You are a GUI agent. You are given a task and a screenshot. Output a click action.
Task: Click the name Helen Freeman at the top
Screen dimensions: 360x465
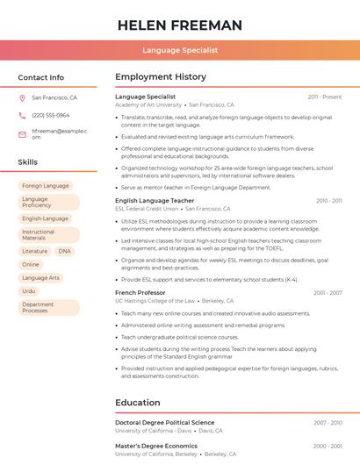tap(180, 25)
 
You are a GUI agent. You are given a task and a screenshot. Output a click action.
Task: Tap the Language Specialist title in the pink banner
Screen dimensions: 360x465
tap(180, 50)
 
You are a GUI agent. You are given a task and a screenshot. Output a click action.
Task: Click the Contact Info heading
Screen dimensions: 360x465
tap(40, 77)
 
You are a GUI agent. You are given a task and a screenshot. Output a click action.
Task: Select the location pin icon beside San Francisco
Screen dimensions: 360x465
tap(22, 97)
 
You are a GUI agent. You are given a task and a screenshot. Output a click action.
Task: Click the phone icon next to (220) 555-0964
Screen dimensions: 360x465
tap(22, 115)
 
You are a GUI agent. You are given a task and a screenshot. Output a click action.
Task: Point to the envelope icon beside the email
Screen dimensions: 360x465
tap(22, 134)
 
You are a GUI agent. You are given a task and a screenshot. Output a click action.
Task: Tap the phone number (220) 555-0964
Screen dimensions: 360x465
tap(51, 115)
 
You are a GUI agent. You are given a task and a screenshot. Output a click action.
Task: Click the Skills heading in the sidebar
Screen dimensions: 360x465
tap(28, 162)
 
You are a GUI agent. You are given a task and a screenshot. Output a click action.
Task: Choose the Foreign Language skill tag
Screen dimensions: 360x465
tap(45, 186)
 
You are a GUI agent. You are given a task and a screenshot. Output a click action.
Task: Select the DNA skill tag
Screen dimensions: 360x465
tap(64, 251)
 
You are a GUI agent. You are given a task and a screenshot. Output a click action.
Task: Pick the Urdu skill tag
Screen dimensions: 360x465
tap(29, 290)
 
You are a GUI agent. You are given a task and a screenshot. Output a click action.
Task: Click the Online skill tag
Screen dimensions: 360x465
tap(31, 264)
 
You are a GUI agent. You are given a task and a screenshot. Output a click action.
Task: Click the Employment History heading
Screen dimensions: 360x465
tap(161, 77)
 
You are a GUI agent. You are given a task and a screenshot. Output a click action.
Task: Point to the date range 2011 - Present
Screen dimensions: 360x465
tap(325, 97)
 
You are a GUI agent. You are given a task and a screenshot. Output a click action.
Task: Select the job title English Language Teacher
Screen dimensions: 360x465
tap(155, 200)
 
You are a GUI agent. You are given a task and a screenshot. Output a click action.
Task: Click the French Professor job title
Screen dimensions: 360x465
tap(140, 292)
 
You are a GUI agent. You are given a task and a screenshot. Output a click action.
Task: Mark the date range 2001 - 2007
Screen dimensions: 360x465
tap(328, 292)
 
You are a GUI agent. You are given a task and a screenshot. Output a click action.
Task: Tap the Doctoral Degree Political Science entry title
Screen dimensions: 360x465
tap(164, 422)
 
